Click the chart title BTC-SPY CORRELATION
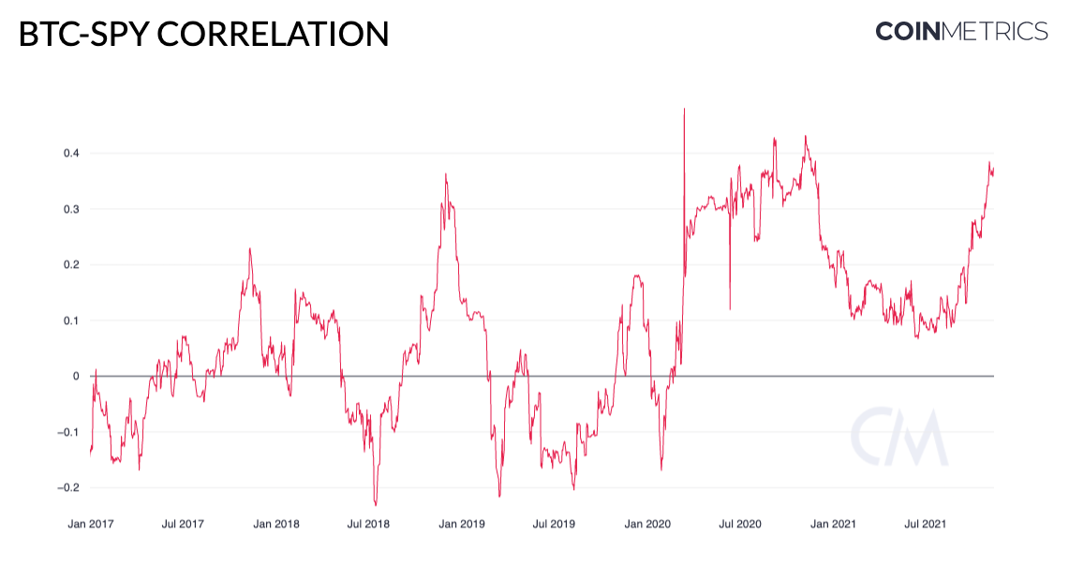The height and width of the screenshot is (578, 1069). (x=203, y=34)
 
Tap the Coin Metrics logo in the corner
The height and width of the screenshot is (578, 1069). (x=961, y=31)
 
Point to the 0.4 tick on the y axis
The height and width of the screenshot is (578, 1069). (x=71, y=154)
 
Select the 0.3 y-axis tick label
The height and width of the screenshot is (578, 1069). (x=71, y=209)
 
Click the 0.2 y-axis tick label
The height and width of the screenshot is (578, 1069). (x=71, y=264)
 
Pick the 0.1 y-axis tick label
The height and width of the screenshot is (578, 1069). (x=71, y=320)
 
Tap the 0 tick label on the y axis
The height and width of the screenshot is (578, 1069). (x=76, y=377)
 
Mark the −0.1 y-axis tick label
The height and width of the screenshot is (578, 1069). (x=68, y=432)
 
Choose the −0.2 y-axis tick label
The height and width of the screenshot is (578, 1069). (x=68, y=487)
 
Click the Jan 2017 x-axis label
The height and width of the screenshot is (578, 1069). (x=91, y=525)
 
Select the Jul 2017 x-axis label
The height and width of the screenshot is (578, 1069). (x=183, y=525)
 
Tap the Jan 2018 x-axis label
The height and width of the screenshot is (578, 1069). (x=276, y=525)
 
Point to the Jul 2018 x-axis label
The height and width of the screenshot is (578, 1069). (x=368, y=525)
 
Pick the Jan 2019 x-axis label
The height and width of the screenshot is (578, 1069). (x=462, y=525)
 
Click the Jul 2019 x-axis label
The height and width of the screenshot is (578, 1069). (x=554, y=525)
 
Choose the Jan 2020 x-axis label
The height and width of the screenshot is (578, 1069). (x=647, y=525)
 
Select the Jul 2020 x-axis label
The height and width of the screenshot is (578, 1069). (x=740, y=525)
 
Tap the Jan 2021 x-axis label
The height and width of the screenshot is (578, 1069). (x=833, y=525)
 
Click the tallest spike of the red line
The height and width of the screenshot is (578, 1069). (x=685, y=109)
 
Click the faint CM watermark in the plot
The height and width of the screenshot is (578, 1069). (x=899, y=437)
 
